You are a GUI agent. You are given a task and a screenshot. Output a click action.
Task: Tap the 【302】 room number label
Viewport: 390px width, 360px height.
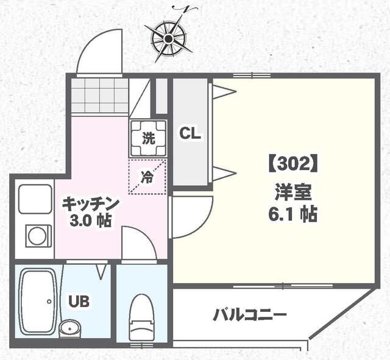click(x=291, y=164)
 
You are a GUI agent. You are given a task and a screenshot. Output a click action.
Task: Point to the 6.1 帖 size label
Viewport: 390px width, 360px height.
click(x=292, y=214)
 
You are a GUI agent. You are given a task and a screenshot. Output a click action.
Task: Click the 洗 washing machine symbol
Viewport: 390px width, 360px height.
click(x=148, y=138)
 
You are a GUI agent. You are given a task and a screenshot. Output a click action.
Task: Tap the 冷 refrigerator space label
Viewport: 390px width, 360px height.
click(x=147, y=177)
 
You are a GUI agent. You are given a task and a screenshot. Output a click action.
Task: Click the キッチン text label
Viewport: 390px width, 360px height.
click(x=90, y=203)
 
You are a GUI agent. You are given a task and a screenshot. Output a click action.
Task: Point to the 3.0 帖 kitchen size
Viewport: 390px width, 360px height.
click(x=90, y=221)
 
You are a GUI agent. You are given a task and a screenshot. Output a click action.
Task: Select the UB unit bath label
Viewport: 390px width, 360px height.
click(x=79, y=300)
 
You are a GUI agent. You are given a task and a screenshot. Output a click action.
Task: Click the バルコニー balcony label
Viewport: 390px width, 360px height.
click(x=250, y=316)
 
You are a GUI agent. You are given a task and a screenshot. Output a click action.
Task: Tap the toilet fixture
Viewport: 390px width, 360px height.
click(x=141, y=313)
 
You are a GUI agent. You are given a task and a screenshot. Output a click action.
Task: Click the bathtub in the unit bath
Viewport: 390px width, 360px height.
click(x=38, y=300)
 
